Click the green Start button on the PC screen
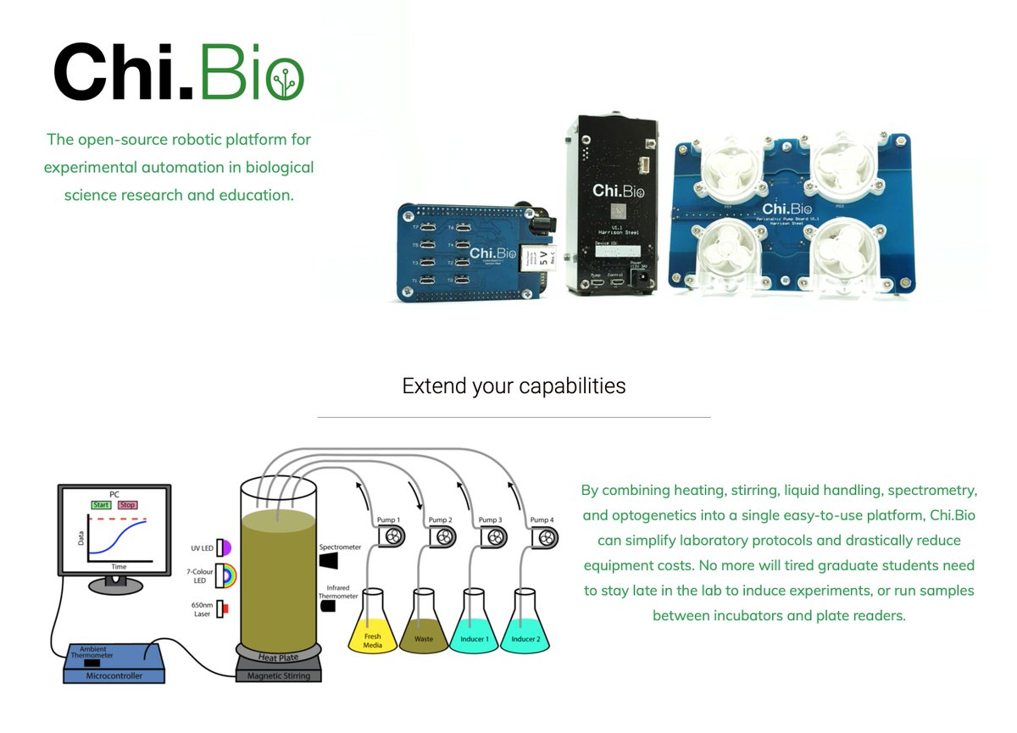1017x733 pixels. click(x=102, y=505)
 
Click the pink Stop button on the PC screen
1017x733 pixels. click(x=127, y=505)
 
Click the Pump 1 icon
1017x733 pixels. click(x=390, y=536)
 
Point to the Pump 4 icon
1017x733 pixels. click(x=544, y=536)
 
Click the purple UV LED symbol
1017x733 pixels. click(x=224, y=547)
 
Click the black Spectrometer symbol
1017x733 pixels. click(x=329, y=560)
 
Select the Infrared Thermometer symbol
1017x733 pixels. click(x=328, y=606)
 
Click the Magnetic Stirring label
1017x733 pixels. click(x=279, y=675)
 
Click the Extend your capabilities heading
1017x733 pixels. click(x=514, y=386)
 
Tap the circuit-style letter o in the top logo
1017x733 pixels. click(x=286, y=79)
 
